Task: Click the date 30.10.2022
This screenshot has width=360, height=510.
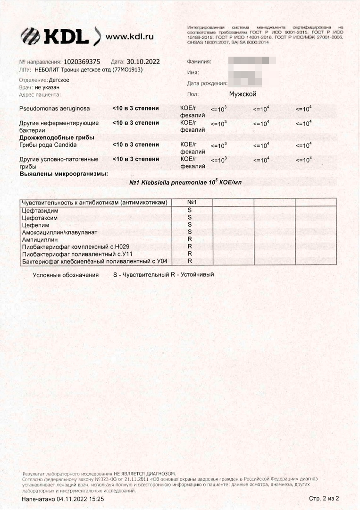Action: [143, 62]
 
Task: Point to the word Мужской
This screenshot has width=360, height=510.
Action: [243, 94]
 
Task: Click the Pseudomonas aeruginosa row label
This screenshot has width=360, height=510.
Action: [54, 109]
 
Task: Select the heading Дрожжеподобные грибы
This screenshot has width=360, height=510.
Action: [57, 137]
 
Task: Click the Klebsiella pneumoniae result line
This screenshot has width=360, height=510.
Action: [188, 182]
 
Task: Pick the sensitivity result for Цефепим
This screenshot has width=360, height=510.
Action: [190, 224]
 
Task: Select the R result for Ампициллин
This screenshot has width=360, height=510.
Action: [190, 239]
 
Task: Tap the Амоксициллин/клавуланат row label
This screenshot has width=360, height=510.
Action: [59, 232]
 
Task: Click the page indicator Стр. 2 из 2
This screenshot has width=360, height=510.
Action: [324, 499]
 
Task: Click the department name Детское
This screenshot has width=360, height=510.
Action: [59, 80]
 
